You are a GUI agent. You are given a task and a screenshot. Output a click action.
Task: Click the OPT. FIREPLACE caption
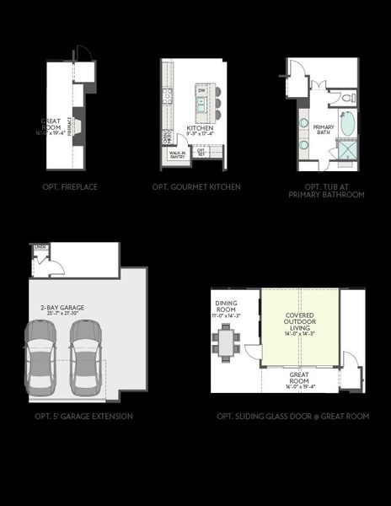(69, 186)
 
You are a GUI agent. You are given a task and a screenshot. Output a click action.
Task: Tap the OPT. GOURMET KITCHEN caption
(196, 186)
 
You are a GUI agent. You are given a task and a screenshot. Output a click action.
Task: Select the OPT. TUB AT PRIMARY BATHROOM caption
(324, 191)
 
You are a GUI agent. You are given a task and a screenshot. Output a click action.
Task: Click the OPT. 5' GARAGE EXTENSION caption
(83, 417)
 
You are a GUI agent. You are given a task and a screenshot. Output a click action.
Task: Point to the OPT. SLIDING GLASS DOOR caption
(292, 417)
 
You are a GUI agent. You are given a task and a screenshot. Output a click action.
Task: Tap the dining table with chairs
(226, 342)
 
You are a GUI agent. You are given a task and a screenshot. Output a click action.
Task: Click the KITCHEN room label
(200, 128)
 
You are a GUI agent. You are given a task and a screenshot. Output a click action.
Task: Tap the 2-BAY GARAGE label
(62, 309)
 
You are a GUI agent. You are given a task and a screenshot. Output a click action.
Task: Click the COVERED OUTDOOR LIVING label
(299, 322)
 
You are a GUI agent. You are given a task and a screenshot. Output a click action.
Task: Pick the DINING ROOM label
(228, 306)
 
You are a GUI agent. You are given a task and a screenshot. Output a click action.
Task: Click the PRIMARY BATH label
(324, 128)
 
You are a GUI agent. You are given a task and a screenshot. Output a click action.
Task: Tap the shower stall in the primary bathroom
(345, 152)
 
